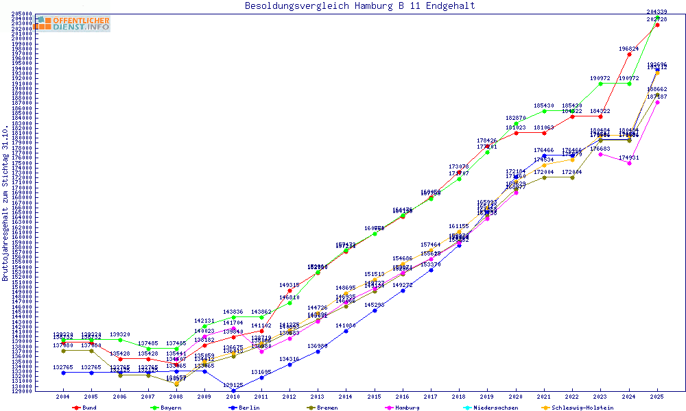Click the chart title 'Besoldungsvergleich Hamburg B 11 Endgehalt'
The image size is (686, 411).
pyautogui.click(x=359, y=6)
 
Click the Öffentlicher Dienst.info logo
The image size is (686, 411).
pyautogui.click(x=71, y=23)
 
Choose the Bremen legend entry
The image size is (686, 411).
pyautogui.click(x=327, y=408)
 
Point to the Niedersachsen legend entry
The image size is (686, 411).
pyautogui.click(x=493, y=408)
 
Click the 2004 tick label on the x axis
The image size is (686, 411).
pyautogui.click(x=62, y=397)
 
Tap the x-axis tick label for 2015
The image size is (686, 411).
pyautogui.click(x=374, y=397)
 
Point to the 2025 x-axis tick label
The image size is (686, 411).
pyautogui.click(x=657, y=397)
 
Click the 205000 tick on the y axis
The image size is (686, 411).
pyautogui.click(x=23, y=14)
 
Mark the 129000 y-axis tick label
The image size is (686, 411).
pyautogui.click(x=23, y=391)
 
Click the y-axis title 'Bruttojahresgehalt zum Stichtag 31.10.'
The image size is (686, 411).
pyautogui.click(x=5, y=203)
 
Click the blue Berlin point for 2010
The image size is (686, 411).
pyautogui.click(x=233, y=390)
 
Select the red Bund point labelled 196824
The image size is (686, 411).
pyautogui.click(x=629, y=54)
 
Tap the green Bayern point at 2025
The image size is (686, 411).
pyautogui.click(x=657, y=17)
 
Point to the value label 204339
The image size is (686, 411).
pyautogui.click(x=657, y=12)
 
